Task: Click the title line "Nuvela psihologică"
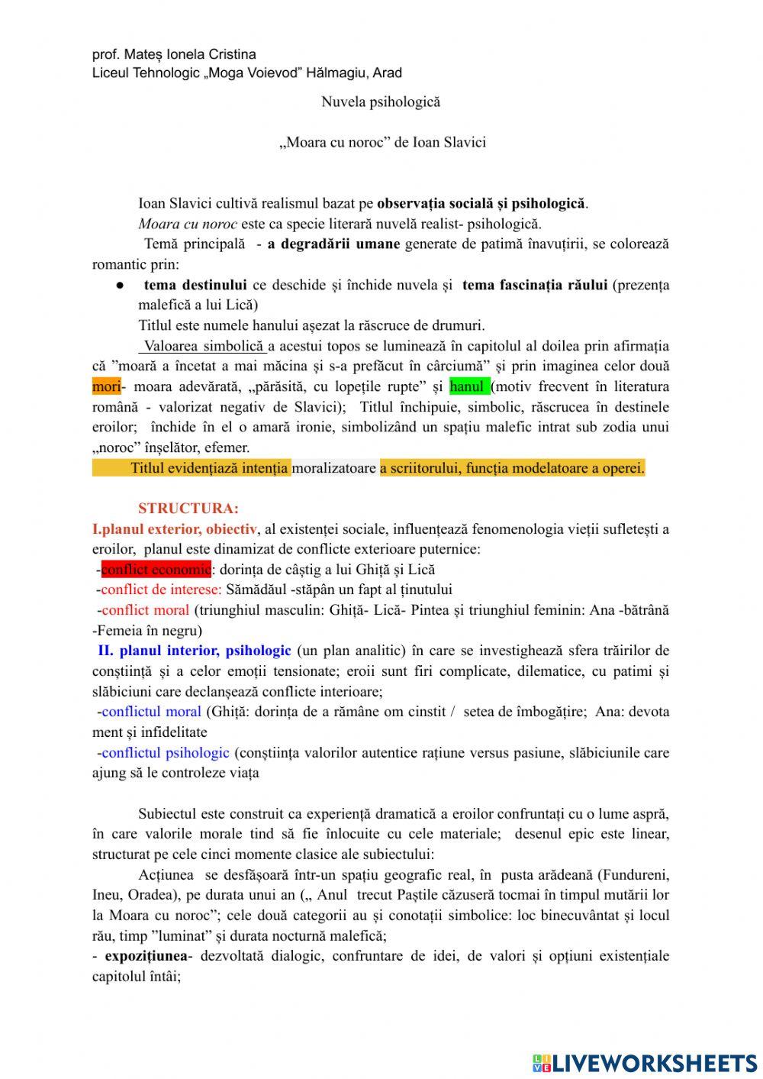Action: [380, 102]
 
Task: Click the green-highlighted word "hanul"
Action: [468, 387]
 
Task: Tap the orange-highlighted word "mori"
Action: [106, 387]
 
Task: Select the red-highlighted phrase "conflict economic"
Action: [156, 570]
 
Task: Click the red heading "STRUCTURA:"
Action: [188, 509]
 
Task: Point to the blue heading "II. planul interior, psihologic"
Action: [195, 651]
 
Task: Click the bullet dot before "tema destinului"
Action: [121, 286]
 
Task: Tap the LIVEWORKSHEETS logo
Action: [645, 1062]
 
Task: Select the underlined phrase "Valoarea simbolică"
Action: [204, 347]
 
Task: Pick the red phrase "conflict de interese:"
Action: [161, 590]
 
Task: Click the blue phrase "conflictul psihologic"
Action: [165, 753]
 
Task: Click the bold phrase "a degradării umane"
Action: [333, 244]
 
